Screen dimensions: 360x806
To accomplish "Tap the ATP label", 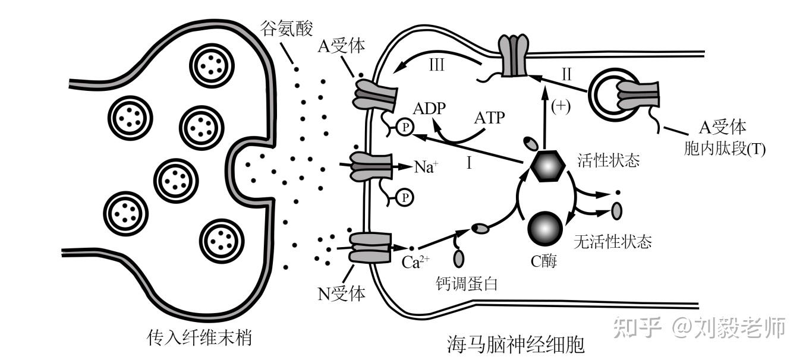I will point(489,118).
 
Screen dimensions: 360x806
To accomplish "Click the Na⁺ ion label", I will point(426,167).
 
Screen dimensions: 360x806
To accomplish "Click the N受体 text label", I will point(341,292).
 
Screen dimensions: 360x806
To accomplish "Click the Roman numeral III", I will point(436,66).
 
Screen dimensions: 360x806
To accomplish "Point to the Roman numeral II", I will point(566,74).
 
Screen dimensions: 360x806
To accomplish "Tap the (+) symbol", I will point(561,107).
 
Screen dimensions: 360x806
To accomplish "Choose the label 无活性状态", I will point(613,242).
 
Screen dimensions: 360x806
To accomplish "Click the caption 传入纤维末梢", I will point(199,338).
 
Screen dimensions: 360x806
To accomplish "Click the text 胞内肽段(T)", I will point(725,149).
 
